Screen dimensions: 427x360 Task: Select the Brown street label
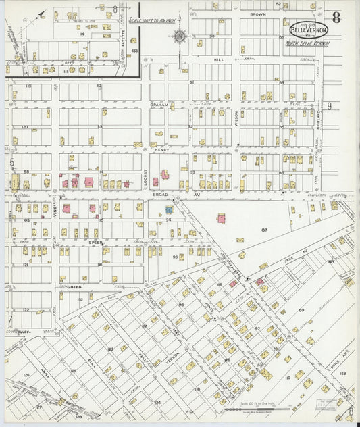click(x=257, y=14)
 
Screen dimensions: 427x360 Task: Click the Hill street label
click(x=219, y=59)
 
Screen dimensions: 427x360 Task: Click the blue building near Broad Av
click(x=170, y=210)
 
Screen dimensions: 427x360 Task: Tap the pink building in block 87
click(x=221, y=218)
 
